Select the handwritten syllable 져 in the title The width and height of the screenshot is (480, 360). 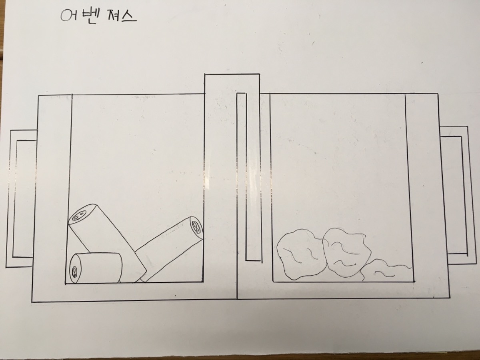(x=113, y=16)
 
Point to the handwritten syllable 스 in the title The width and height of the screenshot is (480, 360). (x=128, y=16)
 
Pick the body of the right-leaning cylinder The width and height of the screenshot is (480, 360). (x=166, y=249)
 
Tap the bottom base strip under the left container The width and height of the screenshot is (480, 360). (x=134, y=292)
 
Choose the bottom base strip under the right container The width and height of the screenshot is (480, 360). (x=343, y=291)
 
